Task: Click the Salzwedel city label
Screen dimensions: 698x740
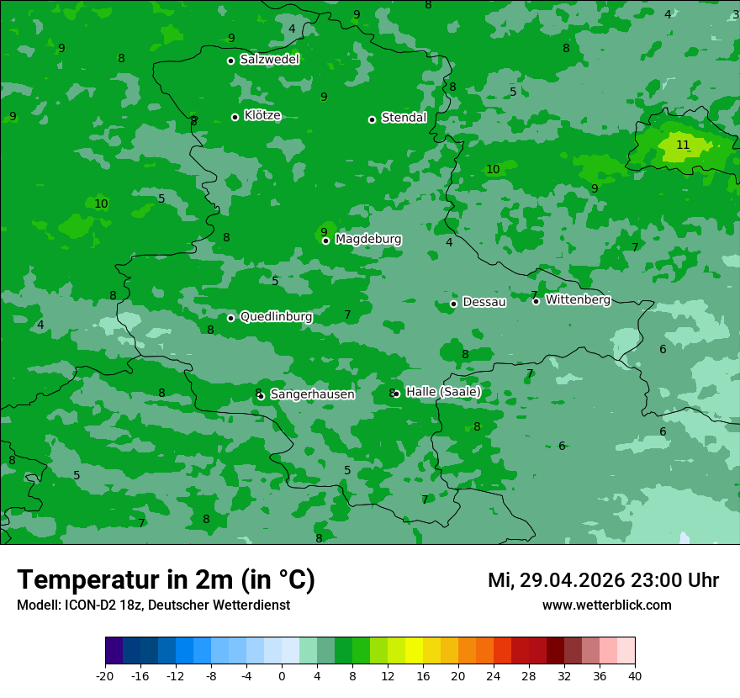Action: pos(269,60)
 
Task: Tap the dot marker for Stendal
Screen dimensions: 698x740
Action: pos(372,119)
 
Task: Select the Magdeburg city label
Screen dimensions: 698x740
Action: pos(368,240)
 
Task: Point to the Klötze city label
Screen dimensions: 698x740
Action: pos(262,116)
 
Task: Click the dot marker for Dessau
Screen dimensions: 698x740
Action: pos(453,304)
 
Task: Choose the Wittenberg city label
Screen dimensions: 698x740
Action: pos(578,299)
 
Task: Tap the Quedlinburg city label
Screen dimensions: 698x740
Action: pos(276,317)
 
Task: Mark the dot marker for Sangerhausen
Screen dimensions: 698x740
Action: pos(261,396)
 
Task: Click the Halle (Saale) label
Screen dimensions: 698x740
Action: pos(443,392)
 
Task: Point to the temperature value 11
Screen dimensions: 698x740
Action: pos(683,145)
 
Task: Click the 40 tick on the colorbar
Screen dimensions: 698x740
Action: pos(635,675)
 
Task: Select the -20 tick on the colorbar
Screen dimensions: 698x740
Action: pos(105,675)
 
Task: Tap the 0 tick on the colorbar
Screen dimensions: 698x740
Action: pos(282,675)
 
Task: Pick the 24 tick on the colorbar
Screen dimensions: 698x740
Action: pos(494,675)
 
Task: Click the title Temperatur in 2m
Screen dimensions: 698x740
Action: pos(166,580)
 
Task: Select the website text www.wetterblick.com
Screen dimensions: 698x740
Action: pos(606,605)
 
